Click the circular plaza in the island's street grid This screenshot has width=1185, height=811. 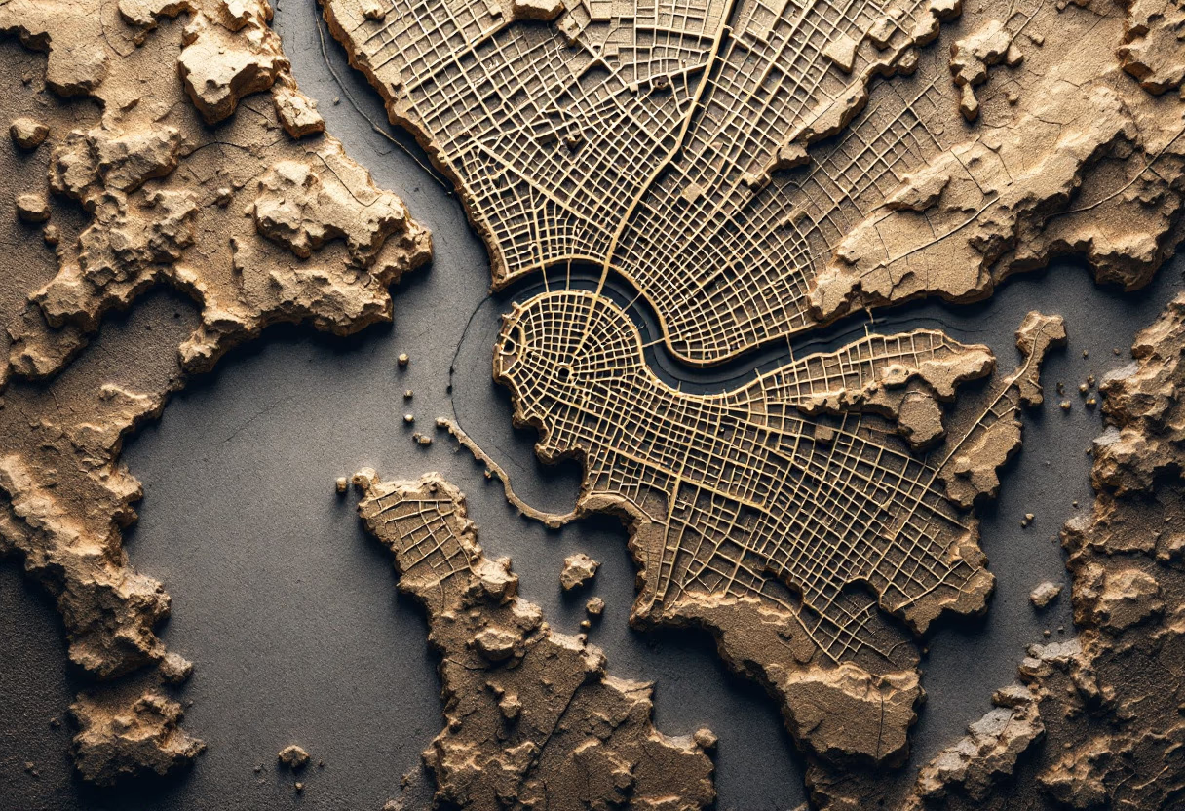click(x=563, y=372)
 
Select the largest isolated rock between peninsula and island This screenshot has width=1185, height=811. click(x=578, y=570)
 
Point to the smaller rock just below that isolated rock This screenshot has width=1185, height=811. click(x=593, y=605)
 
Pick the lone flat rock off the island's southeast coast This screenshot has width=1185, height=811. click(x=1045, y=593)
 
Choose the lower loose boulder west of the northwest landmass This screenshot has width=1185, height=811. click(x=31, y=206)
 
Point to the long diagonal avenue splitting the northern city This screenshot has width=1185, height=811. click(x=672, y=146)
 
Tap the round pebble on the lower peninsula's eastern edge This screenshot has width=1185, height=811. click(x=704, y=738)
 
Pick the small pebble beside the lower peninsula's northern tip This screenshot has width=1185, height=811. click(x=342, y=483)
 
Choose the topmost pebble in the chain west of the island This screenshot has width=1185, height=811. click(x=401, y=360)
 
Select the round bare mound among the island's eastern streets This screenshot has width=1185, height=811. click(x=919, y=417)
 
